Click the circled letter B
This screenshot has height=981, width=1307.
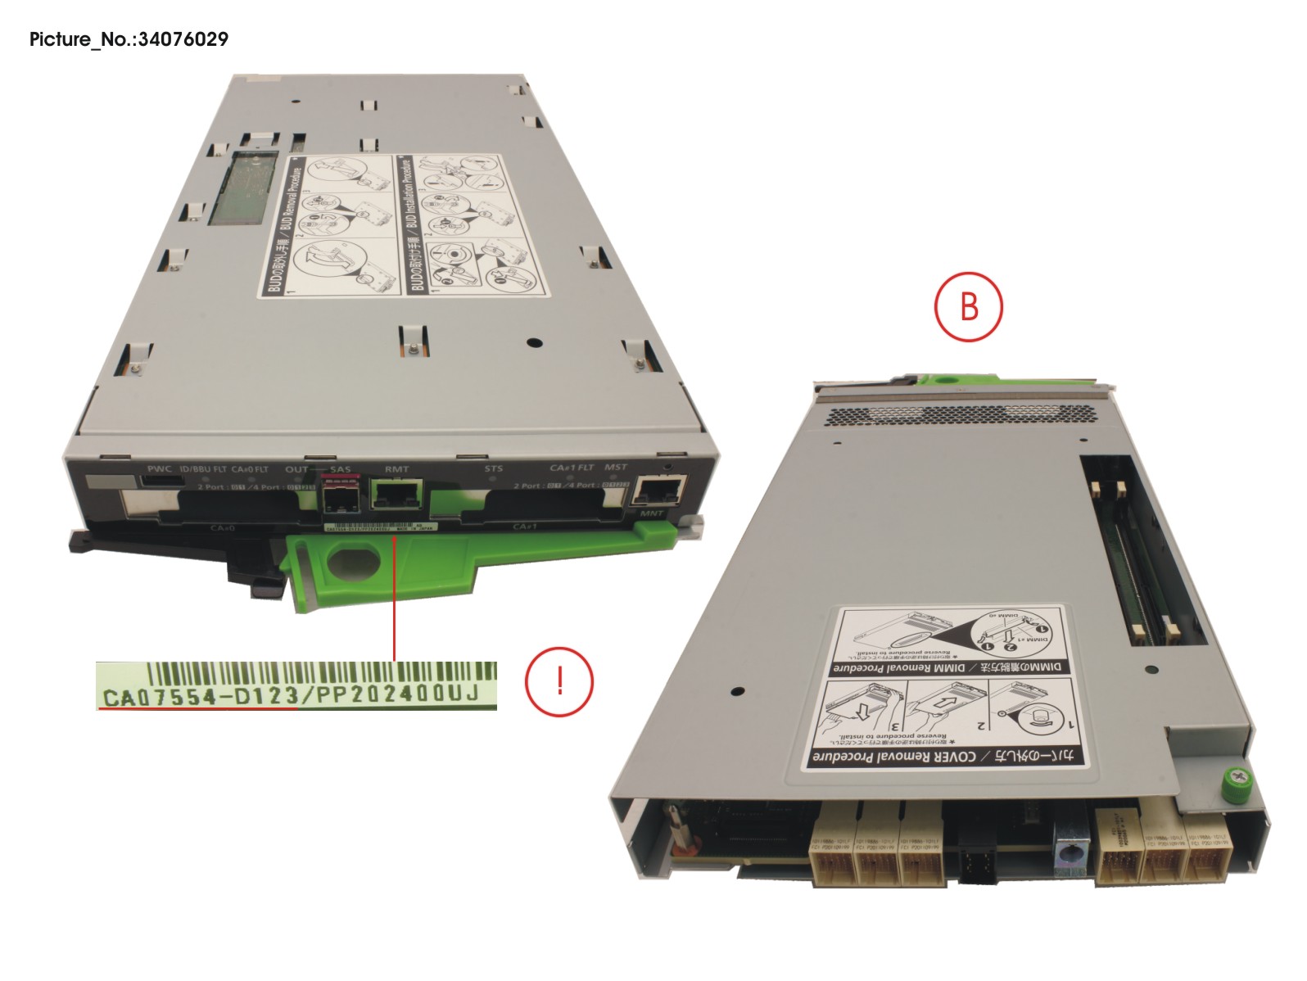tap(968, 307)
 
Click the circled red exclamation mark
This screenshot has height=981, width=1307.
tap(559, 680)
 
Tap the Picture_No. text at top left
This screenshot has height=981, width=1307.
tap(129, 39)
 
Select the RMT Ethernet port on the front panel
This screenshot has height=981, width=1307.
tap(396, 494)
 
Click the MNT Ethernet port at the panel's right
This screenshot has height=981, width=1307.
tap(660, 492)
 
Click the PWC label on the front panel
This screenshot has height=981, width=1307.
tap(159, 469)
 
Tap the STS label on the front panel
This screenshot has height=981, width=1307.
tap(493, 469)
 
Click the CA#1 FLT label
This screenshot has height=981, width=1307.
tap(571, 468)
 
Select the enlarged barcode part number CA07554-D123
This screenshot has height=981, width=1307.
tap(197, 698)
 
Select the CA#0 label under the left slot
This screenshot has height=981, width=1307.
tap(223, 528)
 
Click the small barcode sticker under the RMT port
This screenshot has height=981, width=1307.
tap(382, 528)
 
